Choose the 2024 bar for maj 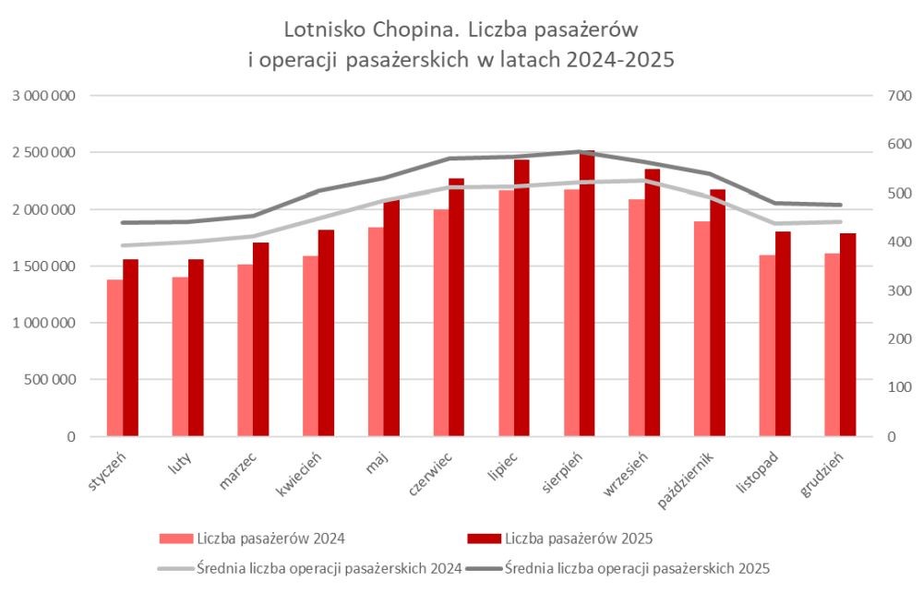pyautogui.click(x=376, y=332)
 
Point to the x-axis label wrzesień pyautogui.click(x=626, y=472)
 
